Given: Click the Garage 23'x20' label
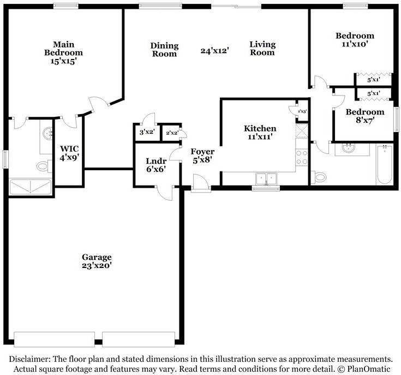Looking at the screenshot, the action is click(x=97, y=261).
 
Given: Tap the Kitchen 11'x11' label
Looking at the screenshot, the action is click(x=260, y=132).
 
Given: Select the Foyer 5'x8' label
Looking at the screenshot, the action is click(x=202, y=156).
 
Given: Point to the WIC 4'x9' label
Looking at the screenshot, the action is click(x=69, y=153).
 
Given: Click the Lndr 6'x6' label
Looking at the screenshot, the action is click(x=156, y=165).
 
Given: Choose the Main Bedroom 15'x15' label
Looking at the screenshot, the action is click(x=64, y=53).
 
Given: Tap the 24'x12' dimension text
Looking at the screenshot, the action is click(x=214, y=50).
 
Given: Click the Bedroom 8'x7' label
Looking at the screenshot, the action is click(x=365, y=116).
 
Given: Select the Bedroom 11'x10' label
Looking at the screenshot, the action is click(x=355, y=40).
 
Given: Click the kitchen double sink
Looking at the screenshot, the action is click(x=266, y=178).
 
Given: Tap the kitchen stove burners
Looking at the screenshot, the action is click(x=302, y=157).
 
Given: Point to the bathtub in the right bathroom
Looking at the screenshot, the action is click(x=385, y=164).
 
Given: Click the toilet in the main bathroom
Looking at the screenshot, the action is click(x=44, y=166).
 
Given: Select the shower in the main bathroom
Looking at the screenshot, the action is click(x=30, y=186).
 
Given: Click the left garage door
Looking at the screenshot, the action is click(x=54, y=339).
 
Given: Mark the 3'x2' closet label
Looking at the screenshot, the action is click(x=147, y=132).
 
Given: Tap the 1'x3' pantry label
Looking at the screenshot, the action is click(x=302, y=111).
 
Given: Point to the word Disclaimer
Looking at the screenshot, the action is click(x=29, y=359).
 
